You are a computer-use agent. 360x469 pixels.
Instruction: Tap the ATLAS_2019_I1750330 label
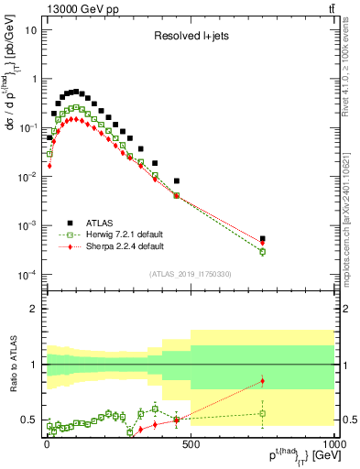[189, 274]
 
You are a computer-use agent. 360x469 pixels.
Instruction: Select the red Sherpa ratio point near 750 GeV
[262, 381]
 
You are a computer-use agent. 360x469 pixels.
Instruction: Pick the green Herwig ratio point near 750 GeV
[262, 413]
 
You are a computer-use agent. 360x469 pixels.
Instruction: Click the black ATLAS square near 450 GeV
[176, 181]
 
